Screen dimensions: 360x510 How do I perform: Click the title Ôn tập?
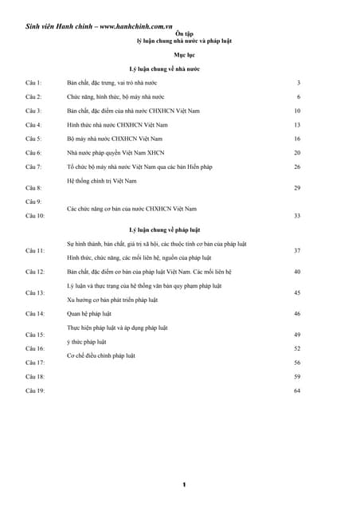(184, 33)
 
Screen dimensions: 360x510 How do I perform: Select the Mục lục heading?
(184, 55)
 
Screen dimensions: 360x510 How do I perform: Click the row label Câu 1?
(33, 82)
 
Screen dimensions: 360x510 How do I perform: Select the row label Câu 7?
(33, 167)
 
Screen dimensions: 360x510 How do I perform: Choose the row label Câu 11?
(35, 250)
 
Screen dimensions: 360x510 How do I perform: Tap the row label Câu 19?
(35, 390)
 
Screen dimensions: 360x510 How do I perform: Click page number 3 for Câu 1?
(298, 82)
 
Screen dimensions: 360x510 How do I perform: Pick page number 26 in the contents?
(296, 167)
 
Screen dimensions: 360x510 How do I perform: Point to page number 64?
(296, 390)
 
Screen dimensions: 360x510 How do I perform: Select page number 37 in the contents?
(296, 250)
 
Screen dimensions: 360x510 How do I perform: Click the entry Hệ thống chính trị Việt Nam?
(102, 181)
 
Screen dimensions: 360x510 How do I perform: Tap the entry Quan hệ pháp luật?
(89, 314)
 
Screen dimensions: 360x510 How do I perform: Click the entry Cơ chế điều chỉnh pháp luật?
(101, 355)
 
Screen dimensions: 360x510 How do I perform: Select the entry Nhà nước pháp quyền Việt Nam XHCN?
(115, 152)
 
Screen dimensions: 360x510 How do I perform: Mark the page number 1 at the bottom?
(184, 484)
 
